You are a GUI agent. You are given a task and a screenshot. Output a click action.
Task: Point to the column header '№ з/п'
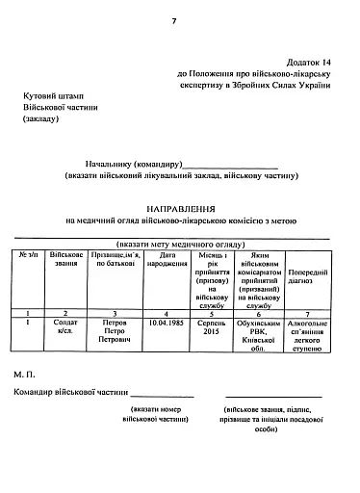coord(28,256)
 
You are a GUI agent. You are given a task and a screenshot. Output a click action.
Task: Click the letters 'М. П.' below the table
coord(26,372)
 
